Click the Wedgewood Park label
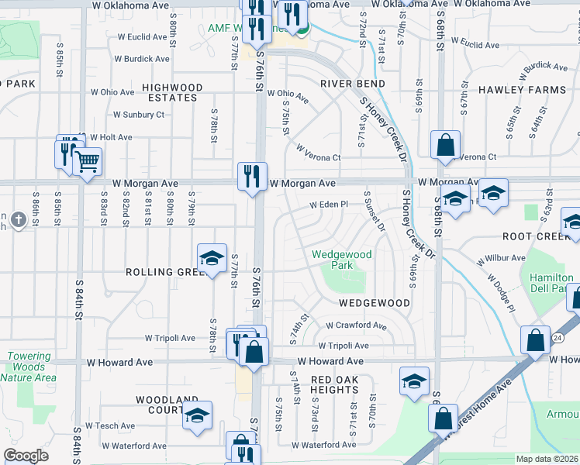coord(342,260)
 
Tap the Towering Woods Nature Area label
coord(29,367)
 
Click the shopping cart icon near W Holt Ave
coord(87,162)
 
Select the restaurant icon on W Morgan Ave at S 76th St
coord(252,177)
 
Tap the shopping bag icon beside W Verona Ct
coord(446,145)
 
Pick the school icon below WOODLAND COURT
coord(198,417)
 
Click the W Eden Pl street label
coord(330,205)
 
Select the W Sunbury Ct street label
coord(138,115)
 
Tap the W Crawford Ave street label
coord(356,326)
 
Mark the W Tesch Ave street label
coord(110,425)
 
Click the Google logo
coord(26,456)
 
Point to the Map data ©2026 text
coord(547,459)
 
